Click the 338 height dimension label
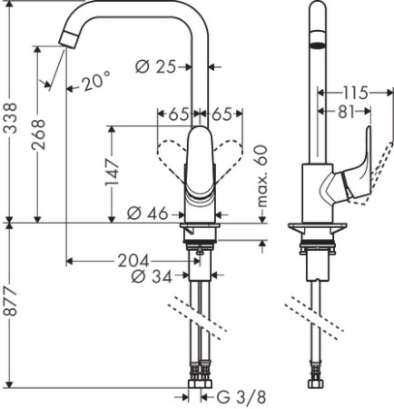11,118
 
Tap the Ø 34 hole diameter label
150,276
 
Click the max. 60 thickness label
264,178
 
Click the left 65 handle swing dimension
178,115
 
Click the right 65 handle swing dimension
222,115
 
